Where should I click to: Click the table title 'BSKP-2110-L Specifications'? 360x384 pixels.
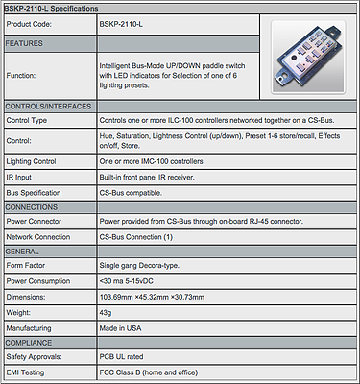coord(51,9)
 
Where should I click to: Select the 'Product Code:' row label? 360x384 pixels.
coord(29,24)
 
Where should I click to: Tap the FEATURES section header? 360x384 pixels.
coord(24,43)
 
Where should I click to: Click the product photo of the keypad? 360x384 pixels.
coord(308,57)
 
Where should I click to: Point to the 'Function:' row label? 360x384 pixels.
coord(21,76)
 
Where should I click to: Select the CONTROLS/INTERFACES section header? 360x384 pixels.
coord(48,107)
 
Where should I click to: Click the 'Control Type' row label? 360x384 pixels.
coord(27,121)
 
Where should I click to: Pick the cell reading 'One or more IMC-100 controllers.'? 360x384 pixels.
coord(152,161)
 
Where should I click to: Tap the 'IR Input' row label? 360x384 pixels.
coord(19,178)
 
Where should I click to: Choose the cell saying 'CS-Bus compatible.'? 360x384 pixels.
coord(131,193)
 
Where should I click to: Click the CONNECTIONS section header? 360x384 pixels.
coord(32,207)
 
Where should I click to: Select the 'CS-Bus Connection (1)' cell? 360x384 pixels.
coord(136,237)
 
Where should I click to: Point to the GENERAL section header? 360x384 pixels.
coord(22,252)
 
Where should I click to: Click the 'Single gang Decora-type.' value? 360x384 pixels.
coord(139,266)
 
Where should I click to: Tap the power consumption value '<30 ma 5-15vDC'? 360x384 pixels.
coord(127,281)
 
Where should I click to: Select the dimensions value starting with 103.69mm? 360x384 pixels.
coord(152,297)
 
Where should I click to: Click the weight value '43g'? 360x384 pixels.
coord(106,313)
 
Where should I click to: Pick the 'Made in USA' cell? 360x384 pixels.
coord(120,328)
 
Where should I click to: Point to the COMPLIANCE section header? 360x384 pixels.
coord(29,343)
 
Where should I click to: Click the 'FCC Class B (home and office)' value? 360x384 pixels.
coord(149,372)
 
